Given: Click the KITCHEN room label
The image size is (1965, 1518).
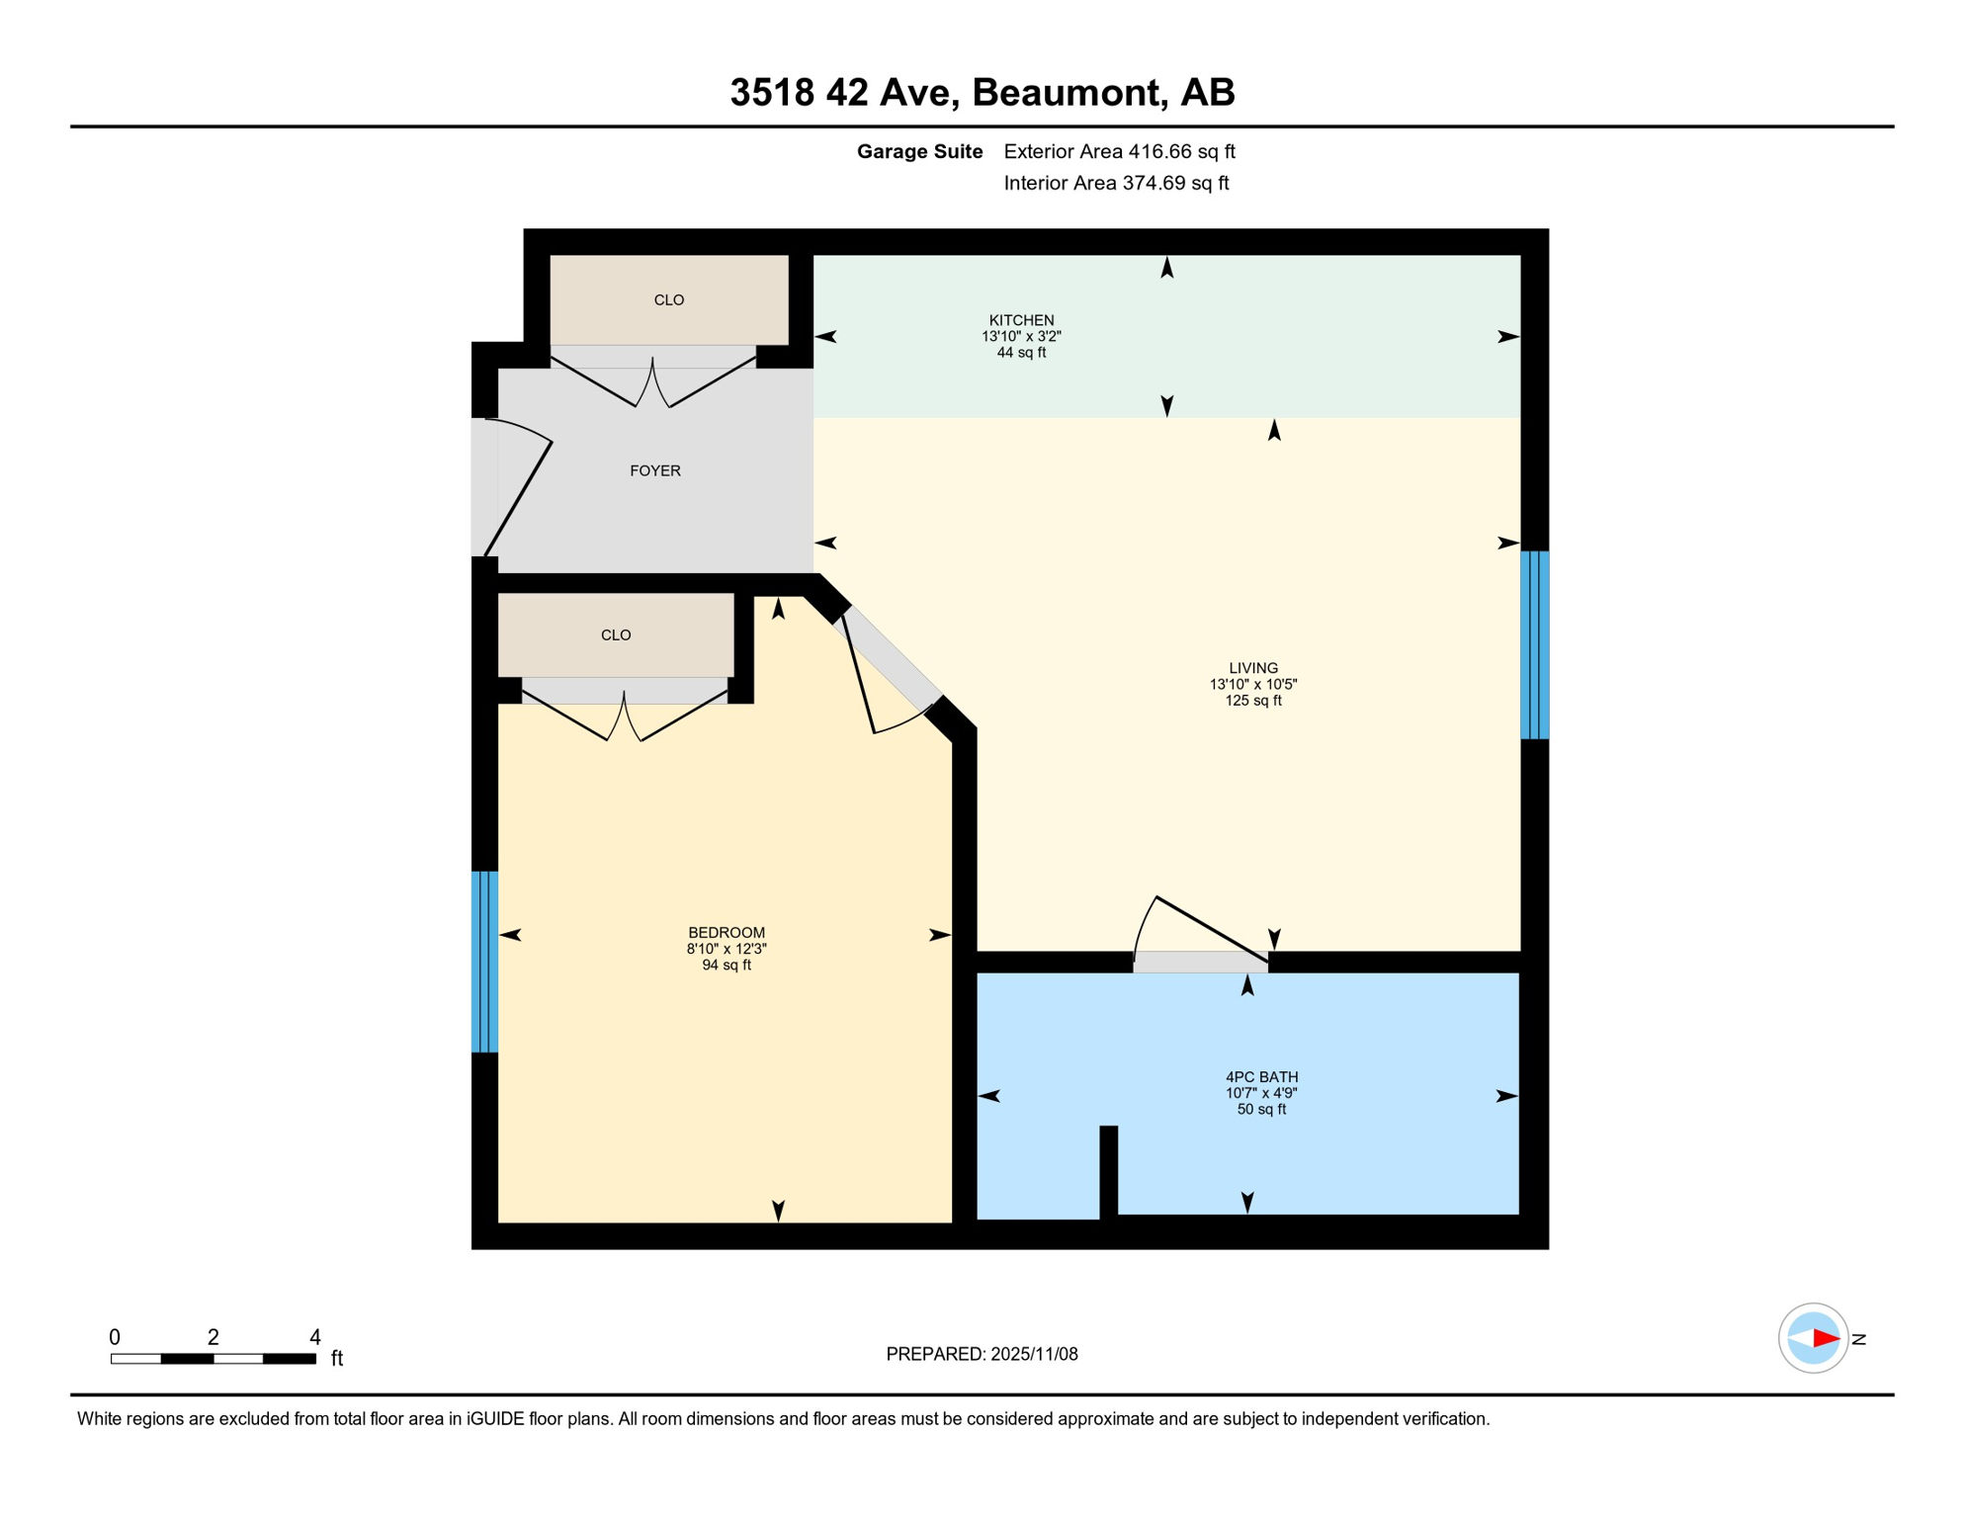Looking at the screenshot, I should point(1021,320).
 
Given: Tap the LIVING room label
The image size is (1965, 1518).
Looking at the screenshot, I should point(1252,668).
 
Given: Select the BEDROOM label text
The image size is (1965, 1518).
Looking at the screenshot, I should point(726,933).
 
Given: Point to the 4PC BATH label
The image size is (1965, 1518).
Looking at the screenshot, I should point(1261,1077).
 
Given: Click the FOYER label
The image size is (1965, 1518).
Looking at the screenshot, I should point(655,471).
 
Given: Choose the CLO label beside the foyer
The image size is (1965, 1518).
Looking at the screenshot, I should point(669,300).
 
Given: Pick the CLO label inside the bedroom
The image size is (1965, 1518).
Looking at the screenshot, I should point(616,635).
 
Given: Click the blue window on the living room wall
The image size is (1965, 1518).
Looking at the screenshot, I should point(1534,644).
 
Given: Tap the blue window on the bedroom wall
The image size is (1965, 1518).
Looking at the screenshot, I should point(484,962).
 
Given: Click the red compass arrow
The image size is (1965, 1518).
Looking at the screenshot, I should point(1825,1339).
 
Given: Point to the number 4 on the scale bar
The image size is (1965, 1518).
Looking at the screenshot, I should point(315,1337).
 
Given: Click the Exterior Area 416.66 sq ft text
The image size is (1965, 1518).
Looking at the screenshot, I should point(1119,151).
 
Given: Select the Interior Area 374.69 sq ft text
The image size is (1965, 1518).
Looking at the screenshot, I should point(1116,183).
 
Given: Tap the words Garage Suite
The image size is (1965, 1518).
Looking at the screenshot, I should point(919,151).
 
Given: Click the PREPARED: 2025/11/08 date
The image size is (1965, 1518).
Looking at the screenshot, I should point(982,1354).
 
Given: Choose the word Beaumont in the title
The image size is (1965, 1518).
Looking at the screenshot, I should point(1066,92).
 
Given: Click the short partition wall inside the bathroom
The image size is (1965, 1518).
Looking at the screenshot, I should point(1109,1172).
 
